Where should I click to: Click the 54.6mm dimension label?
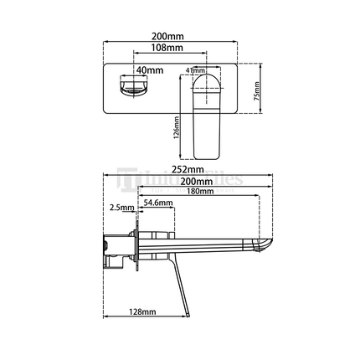coord(157,203)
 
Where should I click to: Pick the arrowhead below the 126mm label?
coord(178,159)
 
